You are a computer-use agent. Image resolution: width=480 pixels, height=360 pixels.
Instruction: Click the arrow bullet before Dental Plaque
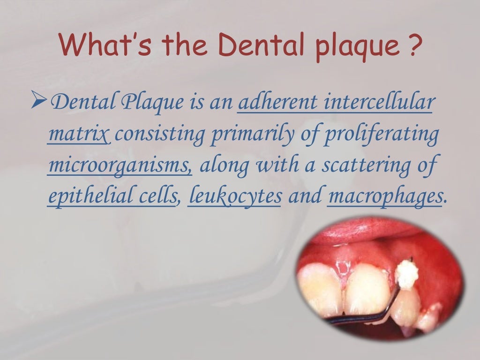[43, 100]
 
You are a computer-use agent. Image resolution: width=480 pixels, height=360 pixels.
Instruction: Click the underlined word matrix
[79, 135]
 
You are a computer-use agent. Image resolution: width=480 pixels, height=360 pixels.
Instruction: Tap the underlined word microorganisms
[120, 166]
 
